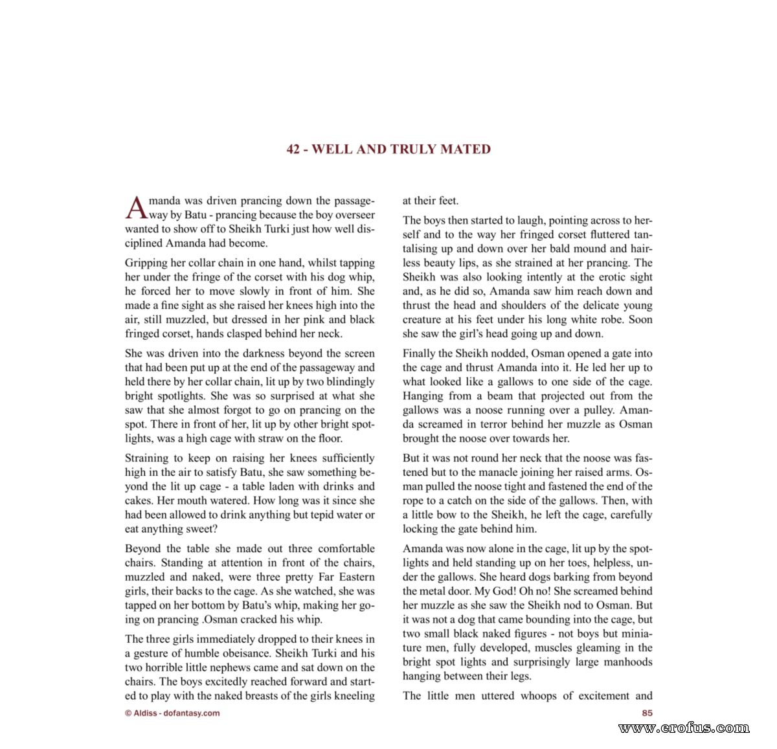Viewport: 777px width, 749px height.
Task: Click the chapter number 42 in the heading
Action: (x=293, y=150)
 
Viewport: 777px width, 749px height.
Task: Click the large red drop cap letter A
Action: (x=136, y=208)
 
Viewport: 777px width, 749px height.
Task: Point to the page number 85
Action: (x=647, y=713)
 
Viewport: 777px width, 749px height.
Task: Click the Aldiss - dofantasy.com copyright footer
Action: (x=172, y=713)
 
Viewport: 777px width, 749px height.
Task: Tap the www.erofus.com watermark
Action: (x=684, y=728)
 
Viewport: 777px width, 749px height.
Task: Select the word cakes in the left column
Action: (x=139, y=500)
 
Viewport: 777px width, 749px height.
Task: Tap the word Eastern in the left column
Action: (x=356, y=577)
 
